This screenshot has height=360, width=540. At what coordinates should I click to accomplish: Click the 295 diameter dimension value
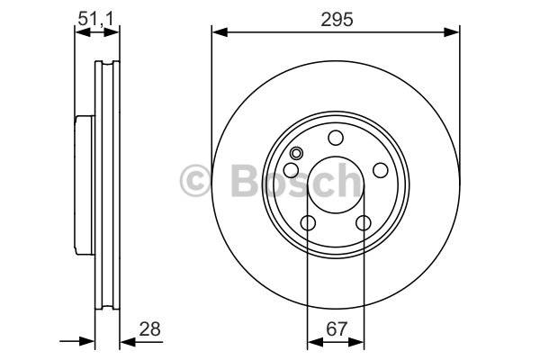click(337, 19)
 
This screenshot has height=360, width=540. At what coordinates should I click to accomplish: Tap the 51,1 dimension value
click(95, 19)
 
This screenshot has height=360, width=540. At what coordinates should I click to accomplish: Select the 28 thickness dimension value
click(149, 329)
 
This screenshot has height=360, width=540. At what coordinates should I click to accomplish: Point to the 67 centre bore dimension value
click(336, 329)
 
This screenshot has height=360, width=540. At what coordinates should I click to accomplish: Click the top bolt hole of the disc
click(336, 138)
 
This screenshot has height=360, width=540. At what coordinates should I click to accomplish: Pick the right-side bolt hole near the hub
click(381, 170)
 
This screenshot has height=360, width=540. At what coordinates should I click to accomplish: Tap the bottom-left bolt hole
click(308, 223)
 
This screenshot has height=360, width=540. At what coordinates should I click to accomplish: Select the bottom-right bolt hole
click(364, 223)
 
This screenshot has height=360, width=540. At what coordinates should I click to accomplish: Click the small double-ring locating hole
click(296, 153)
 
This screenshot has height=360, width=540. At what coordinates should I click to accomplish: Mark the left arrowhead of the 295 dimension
click(220, 32)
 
